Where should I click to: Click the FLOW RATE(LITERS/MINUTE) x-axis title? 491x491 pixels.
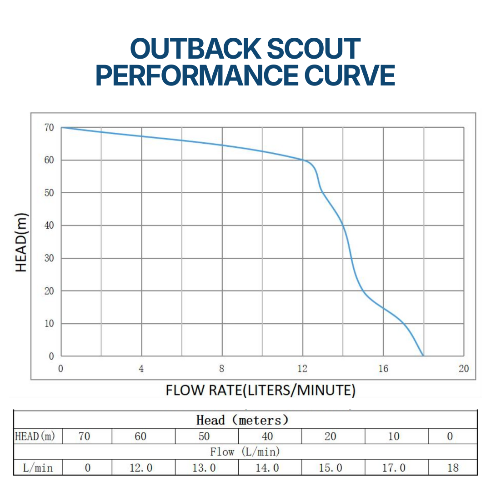click(x=261, y=390)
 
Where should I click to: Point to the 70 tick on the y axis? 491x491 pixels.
click(x=49, y=128)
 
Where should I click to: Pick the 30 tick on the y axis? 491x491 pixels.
click(x=49, y=258)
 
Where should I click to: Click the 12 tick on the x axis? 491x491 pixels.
click(x=302, y=369)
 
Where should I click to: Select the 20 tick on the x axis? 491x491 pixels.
click(x=463, y=369)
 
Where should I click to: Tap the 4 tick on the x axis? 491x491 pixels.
click(x=141, y=369)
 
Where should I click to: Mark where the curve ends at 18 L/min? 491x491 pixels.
click(x=423, y=356)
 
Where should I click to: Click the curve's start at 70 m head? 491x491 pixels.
click(x=61, y=127)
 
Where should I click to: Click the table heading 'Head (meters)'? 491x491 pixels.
click(x=242, y=420)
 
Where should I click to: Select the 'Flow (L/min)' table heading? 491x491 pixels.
click(x=245, y=452)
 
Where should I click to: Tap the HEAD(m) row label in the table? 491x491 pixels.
click(x=35, y=436)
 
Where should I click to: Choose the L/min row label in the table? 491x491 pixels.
click(x=38, y=467)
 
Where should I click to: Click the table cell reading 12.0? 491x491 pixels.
click(x=140, y=467)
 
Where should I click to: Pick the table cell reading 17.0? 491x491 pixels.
click(x=394, y=467)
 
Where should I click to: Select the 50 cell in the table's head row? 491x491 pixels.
click(x=204, y=436)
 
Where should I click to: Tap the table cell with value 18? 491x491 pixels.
click(x=452, y=467)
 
